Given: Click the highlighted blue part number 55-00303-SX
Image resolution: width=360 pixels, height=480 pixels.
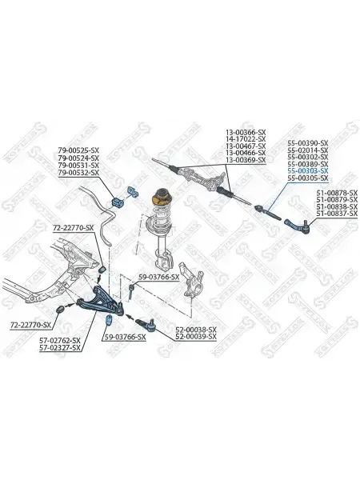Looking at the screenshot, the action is coord(308,171).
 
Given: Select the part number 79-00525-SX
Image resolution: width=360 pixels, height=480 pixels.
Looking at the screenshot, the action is coord(78,150).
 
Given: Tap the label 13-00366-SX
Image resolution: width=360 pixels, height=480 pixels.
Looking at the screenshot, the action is coord(246,133).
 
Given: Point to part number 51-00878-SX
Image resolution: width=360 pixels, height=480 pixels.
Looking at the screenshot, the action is coord(337,193).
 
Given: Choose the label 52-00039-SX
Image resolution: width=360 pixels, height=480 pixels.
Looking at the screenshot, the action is coord(196,337).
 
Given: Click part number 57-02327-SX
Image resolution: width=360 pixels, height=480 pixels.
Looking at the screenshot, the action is coord(60,348).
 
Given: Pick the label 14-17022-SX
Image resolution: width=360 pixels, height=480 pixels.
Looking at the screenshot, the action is coord(246,139).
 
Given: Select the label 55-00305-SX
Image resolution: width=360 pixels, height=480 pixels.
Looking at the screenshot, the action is coord(308,178).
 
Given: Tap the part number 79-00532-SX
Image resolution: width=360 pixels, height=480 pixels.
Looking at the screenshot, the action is coord(78,173).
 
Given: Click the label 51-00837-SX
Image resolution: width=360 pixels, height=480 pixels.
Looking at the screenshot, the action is coord(337,214).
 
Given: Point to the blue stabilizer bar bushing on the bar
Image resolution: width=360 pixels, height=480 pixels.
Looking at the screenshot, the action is coord(116,202).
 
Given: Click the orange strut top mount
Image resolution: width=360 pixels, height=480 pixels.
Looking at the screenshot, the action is coord(161,198).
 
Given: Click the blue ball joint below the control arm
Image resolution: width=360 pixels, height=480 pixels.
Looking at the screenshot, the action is coord(146,324).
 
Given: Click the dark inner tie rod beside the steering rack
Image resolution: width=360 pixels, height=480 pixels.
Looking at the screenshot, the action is coord(267,212).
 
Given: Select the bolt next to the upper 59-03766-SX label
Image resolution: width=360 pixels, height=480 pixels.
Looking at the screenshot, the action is coord(131,292).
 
